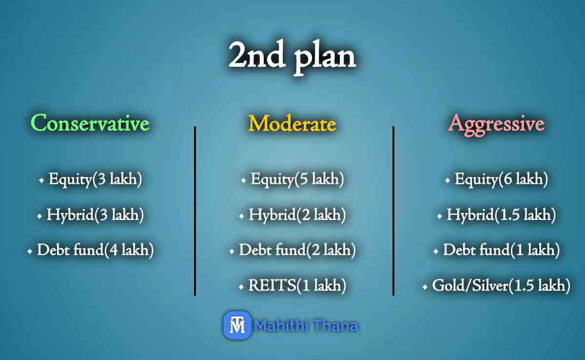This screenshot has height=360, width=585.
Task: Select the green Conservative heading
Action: (90, 123)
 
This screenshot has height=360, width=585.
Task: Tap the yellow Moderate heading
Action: (292, 123)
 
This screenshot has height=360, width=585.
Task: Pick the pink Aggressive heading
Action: (496, 123)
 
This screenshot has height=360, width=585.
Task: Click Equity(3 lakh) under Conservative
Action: (96, 180)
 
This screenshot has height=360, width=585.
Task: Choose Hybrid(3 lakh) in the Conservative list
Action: (95, 215)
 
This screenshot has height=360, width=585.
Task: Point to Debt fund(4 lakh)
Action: (96, 250)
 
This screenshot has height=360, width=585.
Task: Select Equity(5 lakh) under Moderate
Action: (297, 180)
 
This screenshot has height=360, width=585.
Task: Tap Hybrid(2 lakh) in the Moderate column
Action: (297, 215)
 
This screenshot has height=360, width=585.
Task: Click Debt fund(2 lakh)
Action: (297, 250)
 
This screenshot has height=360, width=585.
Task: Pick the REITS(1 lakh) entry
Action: (297, 286)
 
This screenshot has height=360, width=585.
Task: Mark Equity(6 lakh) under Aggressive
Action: (502, 180)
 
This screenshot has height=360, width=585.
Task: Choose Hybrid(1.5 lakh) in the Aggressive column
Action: (502, 215)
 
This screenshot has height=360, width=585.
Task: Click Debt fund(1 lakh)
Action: (502, 250)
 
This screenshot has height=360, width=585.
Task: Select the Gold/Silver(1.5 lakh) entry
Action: (502, 286)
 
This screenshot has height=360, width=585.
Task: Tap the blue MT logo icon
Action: (237, 325)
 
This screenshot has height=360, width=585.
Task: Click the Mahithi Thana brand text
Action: (307, 325)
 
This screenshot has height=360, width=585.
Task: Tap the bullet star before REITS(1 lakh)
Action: (241, 287)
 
